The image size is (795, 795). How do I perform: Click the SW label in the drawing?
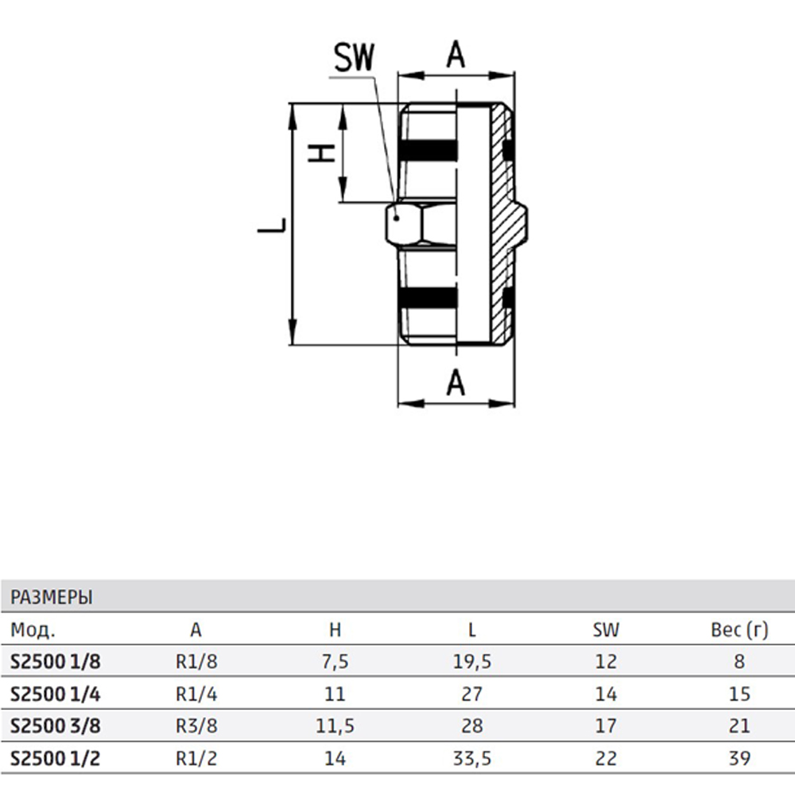pos(354,57)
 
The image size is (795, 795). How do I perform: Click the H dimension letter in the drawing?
pos(322,153)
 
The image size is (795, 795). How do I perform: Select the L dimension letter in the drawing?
pos(272,225)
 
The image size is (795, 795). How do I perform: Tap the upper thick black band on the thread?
pos(429,150)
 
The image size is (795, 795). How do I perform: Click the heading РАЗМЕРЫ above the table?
pos(52,597)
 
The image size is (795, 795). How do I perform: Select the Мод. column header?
pos(33,630)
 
